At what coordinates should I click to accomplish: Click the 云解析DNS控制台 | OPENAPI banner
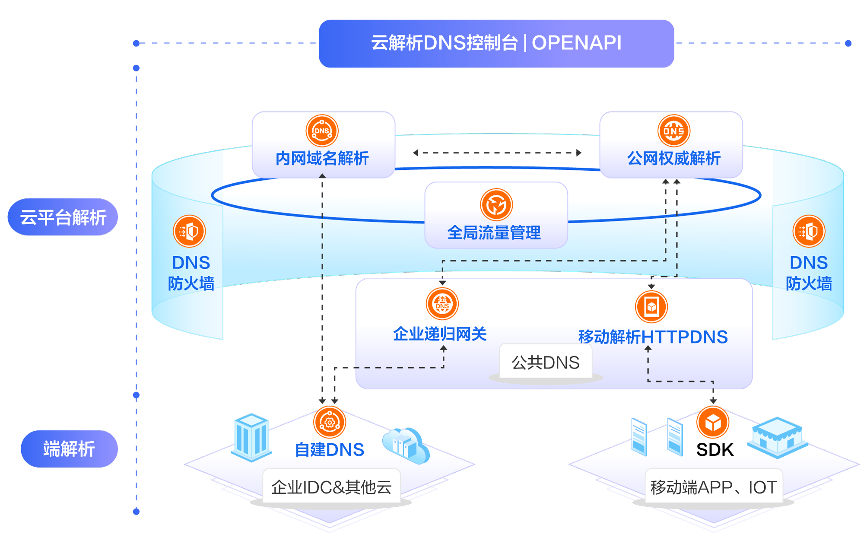point(496,43)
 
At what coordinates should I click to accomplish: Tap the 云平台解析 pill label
point(63,217)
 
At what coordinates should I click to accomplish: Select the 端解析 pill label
point(69,449)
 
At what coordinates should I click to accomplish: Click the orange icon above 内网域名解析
point(322,130)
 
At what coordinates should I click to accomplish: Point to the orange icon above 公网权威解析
point(673,130)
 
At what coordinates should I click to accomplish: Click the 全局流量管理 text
point(494,232)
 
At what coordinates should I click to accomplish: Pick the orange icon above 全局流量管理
point(496,204)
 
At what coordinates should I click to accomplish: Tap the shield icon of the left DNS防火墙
point(189,231)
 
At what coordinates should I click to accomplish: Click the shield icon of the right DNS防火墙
point(809,231)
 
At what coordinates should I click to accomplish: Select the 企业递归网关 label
point(440,334)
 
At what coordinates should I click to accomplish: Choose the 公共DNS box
point(545,362)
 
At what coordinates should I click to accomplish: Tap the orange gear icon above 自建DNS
point(330,422)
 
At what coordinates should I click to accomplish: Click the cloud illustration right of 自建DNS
point(406,445)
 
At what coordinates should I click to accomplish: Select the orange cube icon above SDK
point(713,422)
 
